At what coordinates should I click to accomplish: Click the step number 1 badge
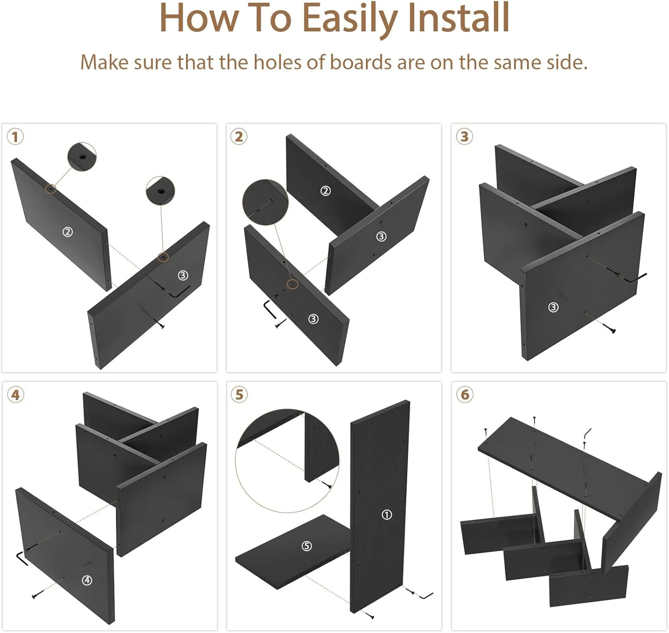[x=15, y=137]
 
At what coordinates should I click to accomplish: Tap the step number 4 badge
[x=15, y=395]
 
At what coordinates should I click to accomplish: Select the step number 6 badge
[x=464, y=395]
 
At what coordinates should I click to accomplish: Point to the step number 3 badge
[x=464, y=137]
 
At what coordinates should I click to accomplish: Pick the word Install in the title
[x=459, y=18]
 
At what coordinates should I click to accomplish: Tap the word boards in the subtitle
[x=361, y=62]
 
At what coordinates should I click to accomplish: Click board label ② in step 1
[x=67, y=232]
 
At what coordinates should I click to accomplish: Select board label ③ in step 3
[x=553, y=307]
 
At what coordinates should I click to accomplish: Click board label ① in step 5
[x=387, y=515]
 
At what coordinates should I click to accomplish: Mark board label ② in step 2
[x=326, y=191]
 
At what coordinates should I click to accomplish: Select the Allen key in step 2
[x=269, y=309]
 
